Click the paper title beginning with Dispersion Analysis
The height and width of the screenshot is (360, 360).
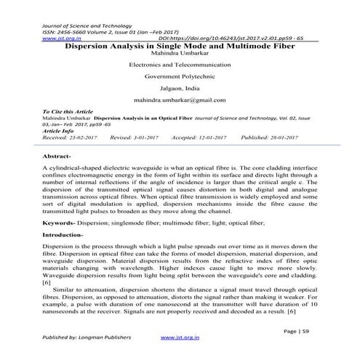click(179, 44)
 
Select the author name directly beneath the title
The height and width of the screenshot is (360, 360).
click(179, 52)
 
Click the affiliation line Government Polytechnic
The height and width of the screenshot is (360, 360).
click(179, 75)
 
